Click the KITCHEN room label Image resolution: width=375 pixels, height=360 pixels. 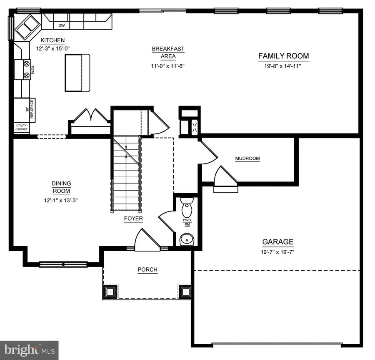(x=52, y=40)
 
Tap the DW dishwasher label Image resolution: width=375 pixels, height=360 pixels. (x=62, y=25)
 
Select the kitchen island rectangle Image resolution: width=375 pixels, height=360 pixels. (x=77, y=73)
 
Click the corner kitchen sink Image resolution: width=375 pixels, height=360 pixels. (x=26, y=28)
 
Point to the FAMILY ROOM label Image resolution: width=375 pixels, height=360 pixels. (x=283, y=56)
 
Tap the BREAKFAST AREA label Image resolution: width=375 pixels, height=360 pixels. (x=168, y=52)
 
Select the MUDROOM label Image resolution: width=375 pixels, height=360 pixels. (x=247, y=159)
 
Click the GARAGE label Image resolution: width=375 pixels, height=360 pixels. (x=277, y=242)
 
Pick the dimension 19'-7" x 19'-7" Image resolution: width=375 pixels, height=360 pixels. (x=277, y=252)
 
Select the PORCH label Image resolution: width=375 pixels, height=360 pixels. (x=147, y=269)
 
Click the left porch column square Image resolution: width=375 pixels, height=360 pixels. (x=110, y=292)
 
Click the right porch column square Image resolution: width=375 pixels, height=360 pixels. (x=185, y=292)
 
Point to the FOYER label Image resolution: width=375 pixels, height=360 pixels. (x=133, y=219)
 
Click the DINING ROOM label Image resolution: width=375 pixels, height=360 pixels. (x=61, y=187)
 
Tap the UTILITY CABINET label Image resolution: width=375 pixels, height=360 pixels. (x=22, y=128)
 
